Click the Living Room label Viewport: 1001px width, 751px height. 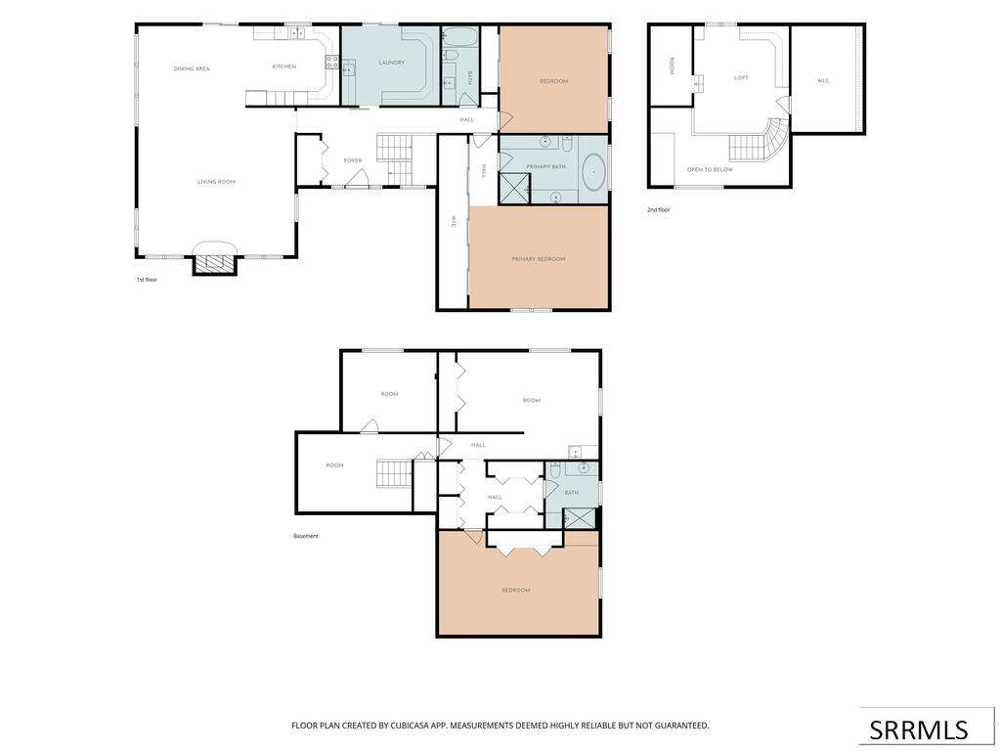click(216, 182)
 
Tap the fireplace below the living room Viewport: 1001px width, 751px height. click(215, 264)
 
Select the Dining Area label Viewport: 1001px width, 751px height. click(192, 69)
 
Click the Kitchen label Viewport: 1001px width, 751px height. click(284, 66)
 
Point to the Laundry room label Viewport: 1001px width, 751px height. click(391, 63)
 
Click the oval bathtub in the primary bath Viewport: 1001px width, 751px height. click(595, 171)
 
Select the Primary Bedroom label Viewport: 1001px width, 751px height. click(539, 259)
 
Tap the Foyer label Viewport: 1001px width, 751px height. click(353, 161)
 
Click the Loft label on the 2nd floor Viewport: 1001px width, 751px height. click(741, 78)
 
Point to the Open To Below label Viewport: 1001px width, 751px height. click(710, 170)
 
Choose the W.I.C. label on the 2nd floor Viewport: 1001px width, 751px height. click(823, 81)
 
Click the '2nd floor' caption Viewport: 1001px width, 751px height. click(659, 209)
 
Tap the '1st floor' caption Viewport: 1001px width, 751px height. click(147, 280)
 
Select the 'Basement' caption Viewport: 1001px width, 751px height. click(305, 537)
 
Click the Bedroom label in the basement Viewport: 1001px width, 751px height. click(516, 591)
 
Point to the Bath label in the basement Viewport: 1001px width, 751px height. click(571, 493)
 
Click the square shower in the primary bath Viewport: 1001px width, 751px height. click(514, 188)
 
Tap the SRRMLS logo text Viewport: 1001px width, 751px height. click(919, 729)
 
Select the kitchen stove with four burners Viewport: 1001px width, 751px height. click(332, 62)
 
